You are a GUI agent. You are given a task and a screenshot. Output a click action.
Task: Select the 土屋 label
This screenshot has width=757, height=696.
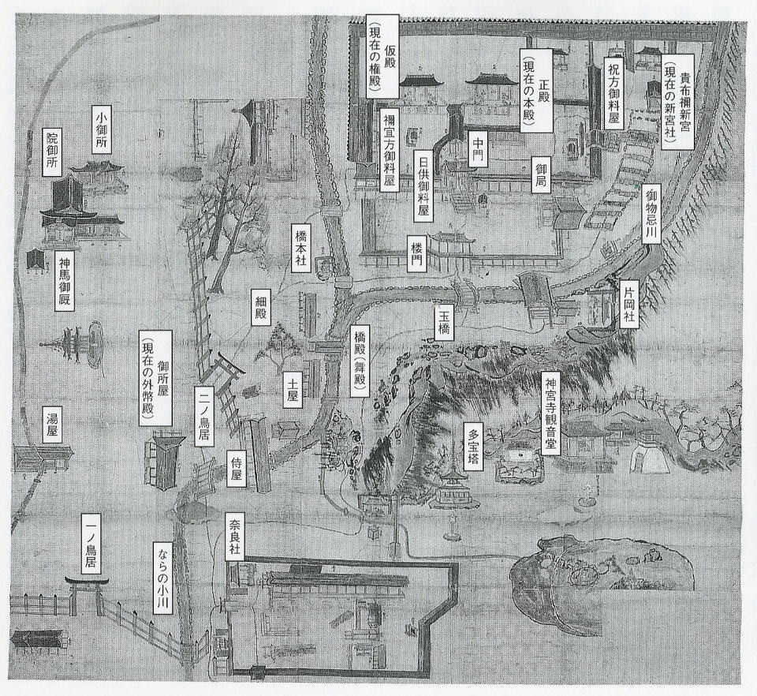(292, 387)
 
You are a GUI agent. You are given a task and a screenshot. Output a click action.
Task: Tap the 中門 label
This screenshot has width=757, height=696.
(478, 148)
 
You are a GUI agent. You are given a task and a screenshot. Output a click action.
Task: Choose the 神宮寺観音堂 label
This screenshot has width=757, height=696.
(551, 410)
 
